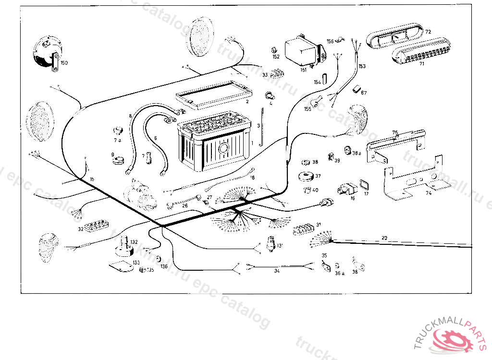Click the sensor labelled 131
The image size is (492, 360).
(x=270, y=243)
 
